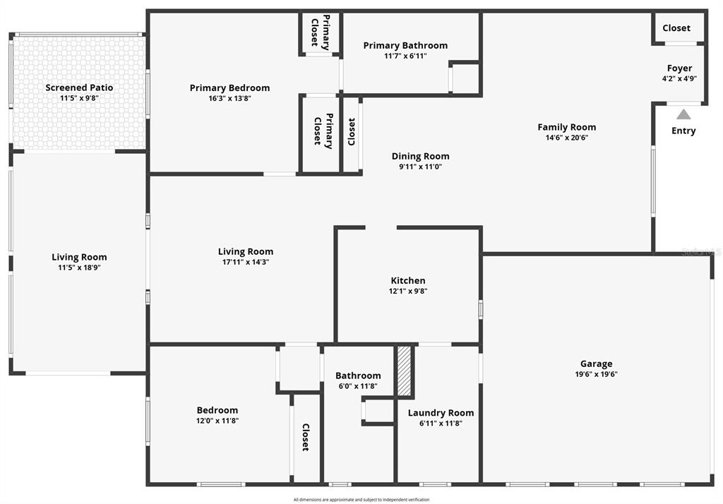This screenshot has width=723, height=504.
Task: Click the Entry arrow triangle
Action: click(683, 114)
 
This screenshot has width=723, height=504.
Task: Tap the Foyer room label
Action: click(679, 68)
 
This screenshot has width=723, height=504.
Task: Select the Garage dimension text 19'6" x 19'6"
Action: click(597, 375)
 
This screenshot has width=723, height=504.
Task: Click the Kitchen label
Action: click(408, 280)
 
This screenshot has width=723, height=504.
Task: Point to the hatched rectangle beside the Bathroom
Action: click(404, 371)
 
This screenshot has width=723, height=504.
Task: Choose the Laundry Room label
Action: click(441, 413)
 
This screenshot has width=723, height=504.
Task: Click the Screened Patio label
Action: click(79, 88)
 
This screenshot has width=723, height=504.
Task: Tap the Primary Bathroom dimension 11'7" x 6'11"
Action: click(405, 56)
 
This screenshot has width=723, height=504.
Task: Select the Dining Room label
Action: click(420, 157)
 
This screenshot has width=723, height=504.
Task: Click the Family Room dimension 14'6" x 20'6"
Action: click(567, 138)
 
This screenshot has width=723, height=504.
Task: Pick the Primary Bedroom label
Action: click(229, 88)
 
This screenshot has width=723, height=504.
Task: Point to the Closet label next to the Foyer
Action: click(676, 28)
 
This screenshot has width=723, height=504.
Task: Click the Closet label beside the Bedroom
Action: click(306, 437)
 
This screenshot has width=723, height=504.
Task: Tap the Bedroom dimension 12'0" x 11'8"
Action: click(217, 421)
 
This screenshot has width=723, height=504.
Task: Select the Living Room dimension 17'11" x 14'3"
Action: click(246, 262)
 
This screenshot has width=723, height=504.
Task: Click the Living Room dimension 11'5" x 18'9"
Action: click(79, 268)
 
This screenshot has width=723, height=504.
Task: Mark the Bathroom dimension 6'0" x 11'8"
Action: click(358, 386)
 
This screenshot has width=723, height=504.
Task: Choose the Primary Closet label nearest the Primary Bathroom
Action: click(320, 32)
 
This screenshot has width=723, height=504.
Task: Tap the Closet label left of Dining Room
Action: click(352, 131)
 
